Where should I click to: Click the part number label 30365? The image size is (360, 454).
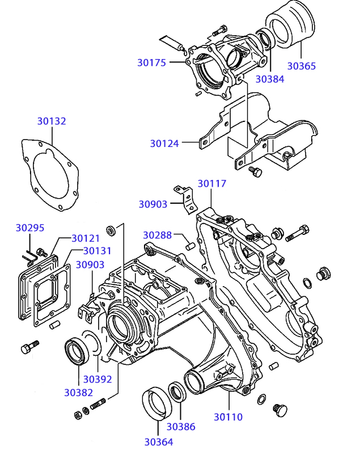(x=301, y=66)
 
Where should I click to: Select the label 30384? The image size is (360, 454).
(x=269, y=79)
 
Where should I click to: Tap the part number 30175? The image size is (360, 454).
(x=151, y=62)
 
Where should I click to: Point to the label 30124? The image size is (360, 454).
(x=164, y=144)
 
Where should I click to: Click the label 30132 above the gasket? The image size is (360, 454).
(x=52, y=121)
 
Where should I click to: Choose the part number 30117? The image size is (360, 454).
(x=212, y=183)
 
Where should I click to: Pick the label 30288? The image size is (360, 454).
(x=157, y=234)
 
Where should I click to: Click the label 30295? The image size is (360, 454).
(x=30, y=228)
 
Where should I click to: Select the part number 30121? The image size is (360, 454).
(x=86, y=238)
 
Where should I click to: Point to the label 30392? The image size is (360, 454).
(x=98, y=379)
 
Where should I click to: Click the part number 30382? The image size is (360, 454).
(x=78, y=392)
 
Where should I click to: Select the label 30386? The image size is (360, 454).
(x=180, y=427)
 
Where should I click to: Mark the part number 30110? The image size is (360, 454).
(x=228, y=417)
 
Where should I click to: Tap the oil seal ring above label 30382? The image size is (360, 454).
(x=75, y=350)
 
